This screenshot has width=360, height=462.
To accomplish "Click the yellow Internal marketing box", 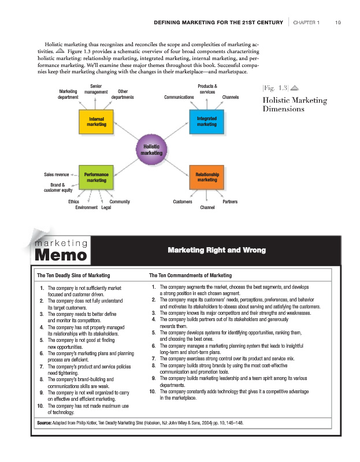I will click(x=96, y=121).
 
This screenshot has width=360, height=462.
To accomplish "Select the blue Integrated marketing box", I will click(x=206, y=121).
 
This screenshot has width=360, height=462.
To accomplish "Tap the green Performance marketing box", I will click(x=96, y=177).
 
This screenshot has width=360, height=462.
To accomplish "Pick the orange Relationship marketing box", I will click(x=206, y=177).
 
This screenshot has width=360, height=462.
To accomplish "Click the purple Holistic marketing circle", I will click(x=151, y=150).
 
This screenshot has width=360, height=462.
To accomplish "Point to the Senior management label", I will click(x=96, y=89).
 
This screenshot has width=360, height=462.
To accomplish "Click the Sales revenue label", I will click(x=57, y=174).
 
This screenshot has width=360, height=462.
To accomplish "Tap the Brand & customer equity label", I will click(x=58, y=187).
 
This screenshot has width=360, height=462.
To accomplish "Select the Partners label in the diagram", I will click(x=229, y=202).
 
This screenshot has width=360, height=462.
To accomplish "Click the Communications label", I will click(x=179, y=97).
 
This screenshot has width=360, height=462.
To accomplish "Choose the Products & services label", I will click(x=207, y=89).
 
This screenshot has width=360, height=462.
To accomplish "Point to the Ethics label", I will click(x=73, y=202).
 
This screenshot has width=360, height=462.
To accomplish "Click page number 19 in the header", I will click(x=337, y=23).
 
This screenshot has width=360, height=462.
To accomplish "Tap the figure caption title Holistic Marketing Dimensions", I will click(x=294, y=105).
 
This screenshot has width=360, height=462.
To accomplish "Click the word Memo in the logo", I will click(x=61, y=254).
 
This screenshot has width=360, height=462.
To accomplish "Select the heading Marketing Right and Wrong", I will click(x=216, y=250).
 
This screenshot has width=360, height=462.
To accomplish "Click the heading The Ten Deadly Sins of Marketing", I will click(x=73, y=275).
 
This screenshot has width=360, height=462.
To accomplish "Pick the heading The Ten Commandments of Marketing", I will click(x=190, y=275).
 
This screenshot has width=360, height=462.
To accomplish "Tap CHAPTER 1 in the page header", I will click(x=306, y=23).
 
